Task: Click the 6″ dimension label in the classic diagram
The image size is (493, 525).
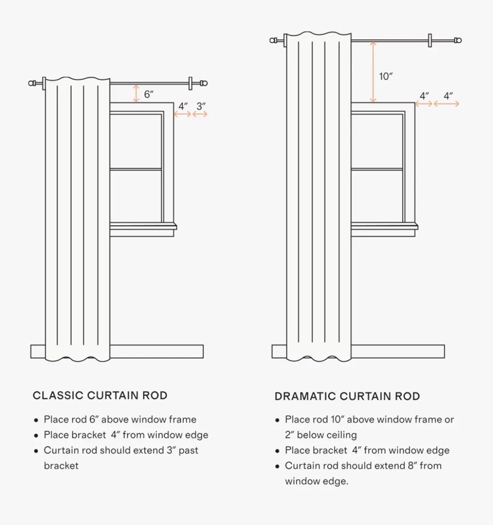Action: [149, 94]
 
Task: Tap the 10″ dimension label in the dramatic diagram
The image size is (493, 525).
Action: [385, 76]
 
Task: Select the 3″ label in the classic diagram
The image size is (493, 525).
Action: [201, 106]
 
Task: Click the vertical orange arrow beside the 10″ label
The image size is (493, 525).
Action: [373, 72]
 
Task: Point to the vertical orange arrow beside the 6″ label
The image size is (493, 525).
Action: [136, 94]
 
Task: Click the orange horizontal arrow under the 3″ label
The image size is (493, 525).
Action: [200, 114]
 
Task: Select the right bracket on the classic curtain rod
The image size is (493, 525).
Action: [190, 84]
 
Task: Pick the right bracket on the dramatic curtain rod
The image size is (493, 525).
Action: [430, 41]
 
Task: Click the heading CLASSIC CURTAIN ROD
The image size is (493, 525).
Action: [100, 395]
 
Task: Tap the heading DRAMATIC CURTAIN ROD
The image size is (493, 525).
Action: [347, 397]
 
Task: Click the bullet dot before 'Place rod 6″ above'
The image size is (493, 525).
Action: [36, 420]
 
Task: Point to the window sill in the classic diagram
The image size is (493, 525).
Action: [143, 227]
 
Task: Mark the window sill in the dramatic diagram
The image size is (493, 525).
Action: [384, 227]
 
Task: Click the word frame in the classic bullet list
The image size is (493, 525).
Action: [182, 419]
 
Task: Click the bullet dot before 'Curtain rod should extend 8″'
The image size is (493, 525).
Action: [277, 466]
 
